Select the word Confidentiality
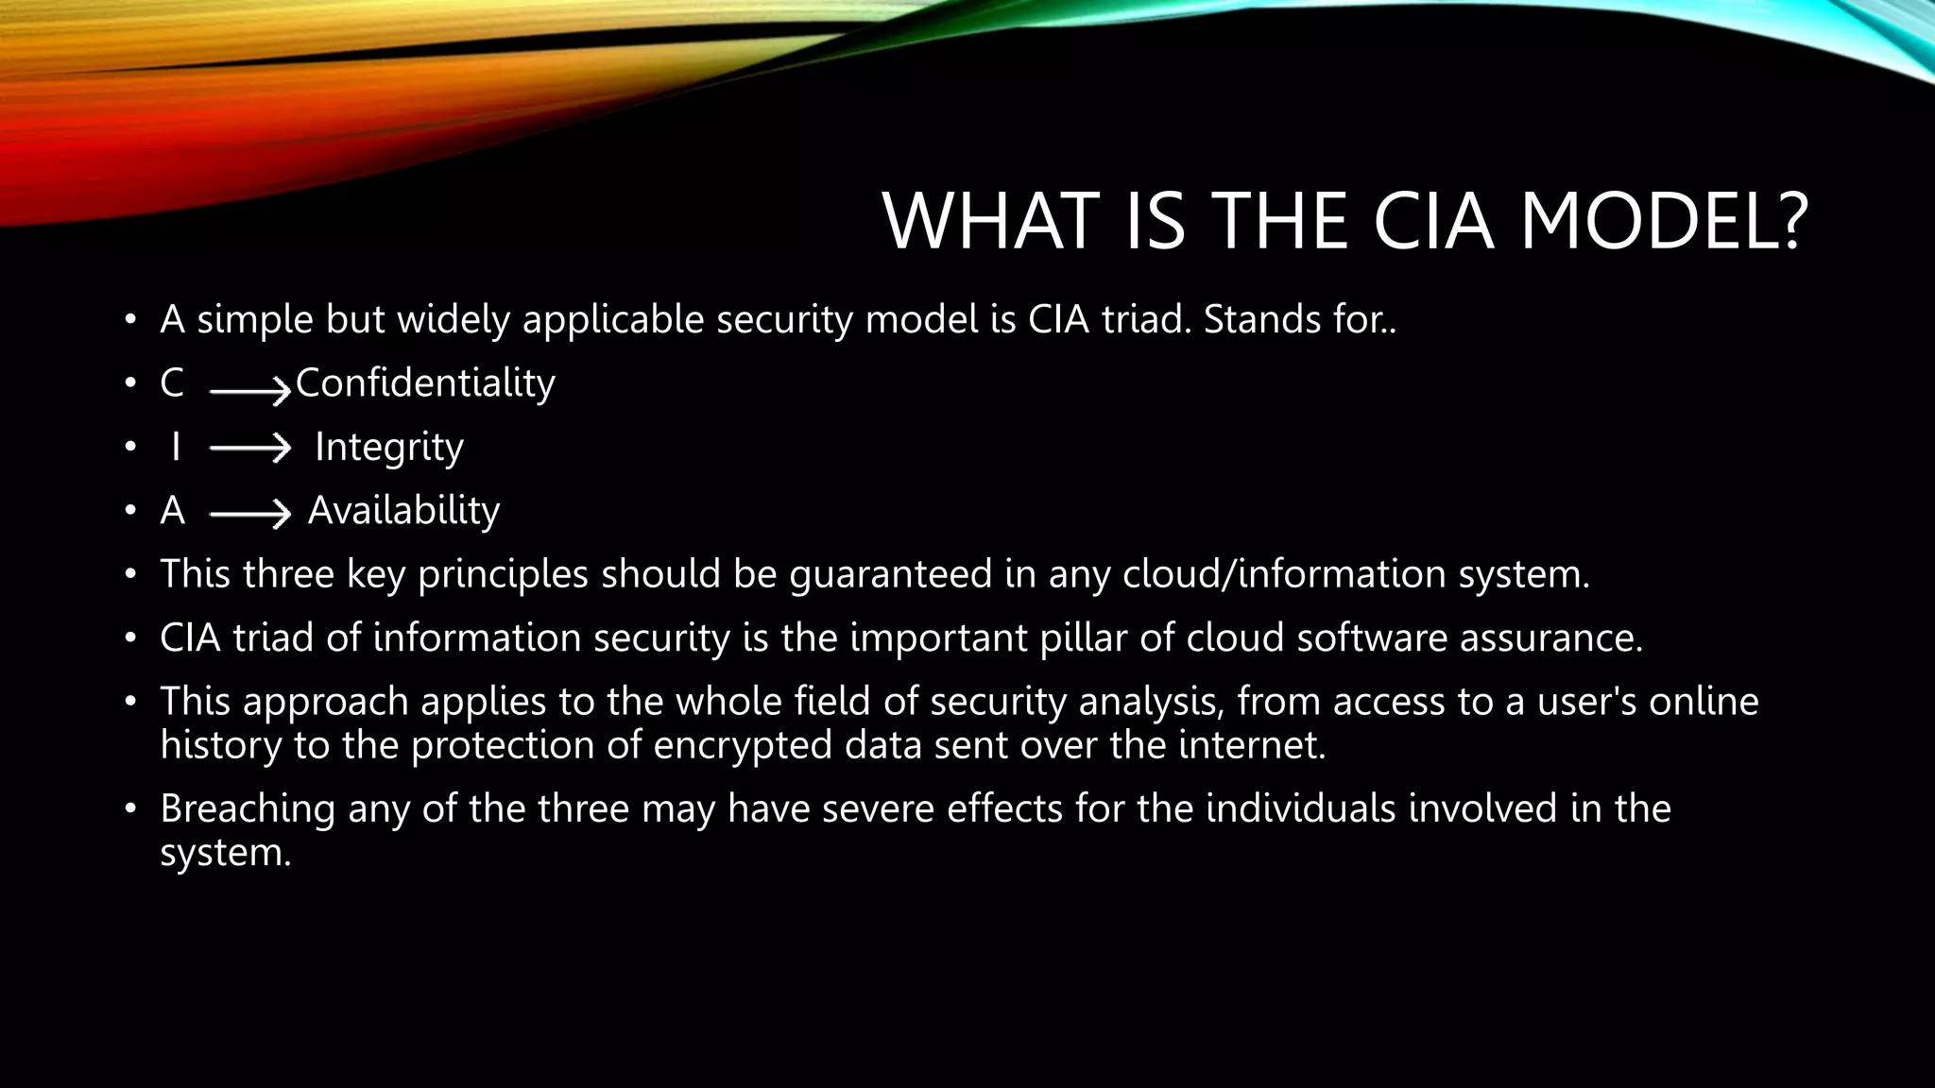(425, 383)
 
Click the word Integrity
(388, 447)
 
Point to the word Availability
(403, 511)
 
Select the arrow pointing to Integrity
(249, 449)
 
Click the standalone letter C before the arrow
(172, 383)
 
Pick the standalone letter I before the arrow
(175, 447)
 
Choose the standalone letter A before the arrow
(172, 511)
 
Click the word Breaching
(248, 809)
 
